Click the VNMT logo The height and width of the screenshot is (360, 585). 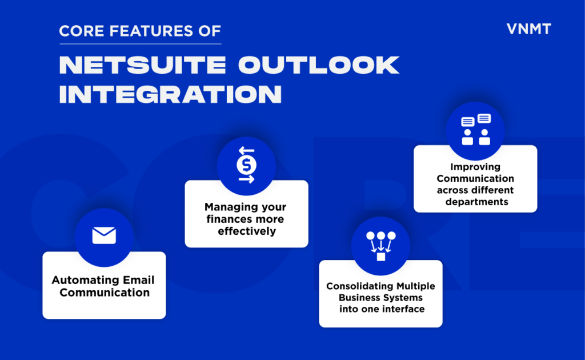click(x=528, y=29)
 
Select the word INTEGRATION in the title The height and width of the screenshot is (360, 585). click(x=170, y=94)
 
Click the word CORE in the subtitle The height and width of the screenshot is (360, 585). click(x=80, y=30)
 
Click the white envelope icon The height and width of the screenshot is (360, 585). click(x=104, y=235)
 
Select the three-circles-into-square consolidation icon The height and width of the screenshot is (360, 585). click(x=380, y=246)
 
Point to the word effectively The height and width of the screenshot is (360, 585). click(x=246, y=231)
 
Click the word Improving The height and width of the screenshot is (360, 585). click(x=475, y=167)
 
